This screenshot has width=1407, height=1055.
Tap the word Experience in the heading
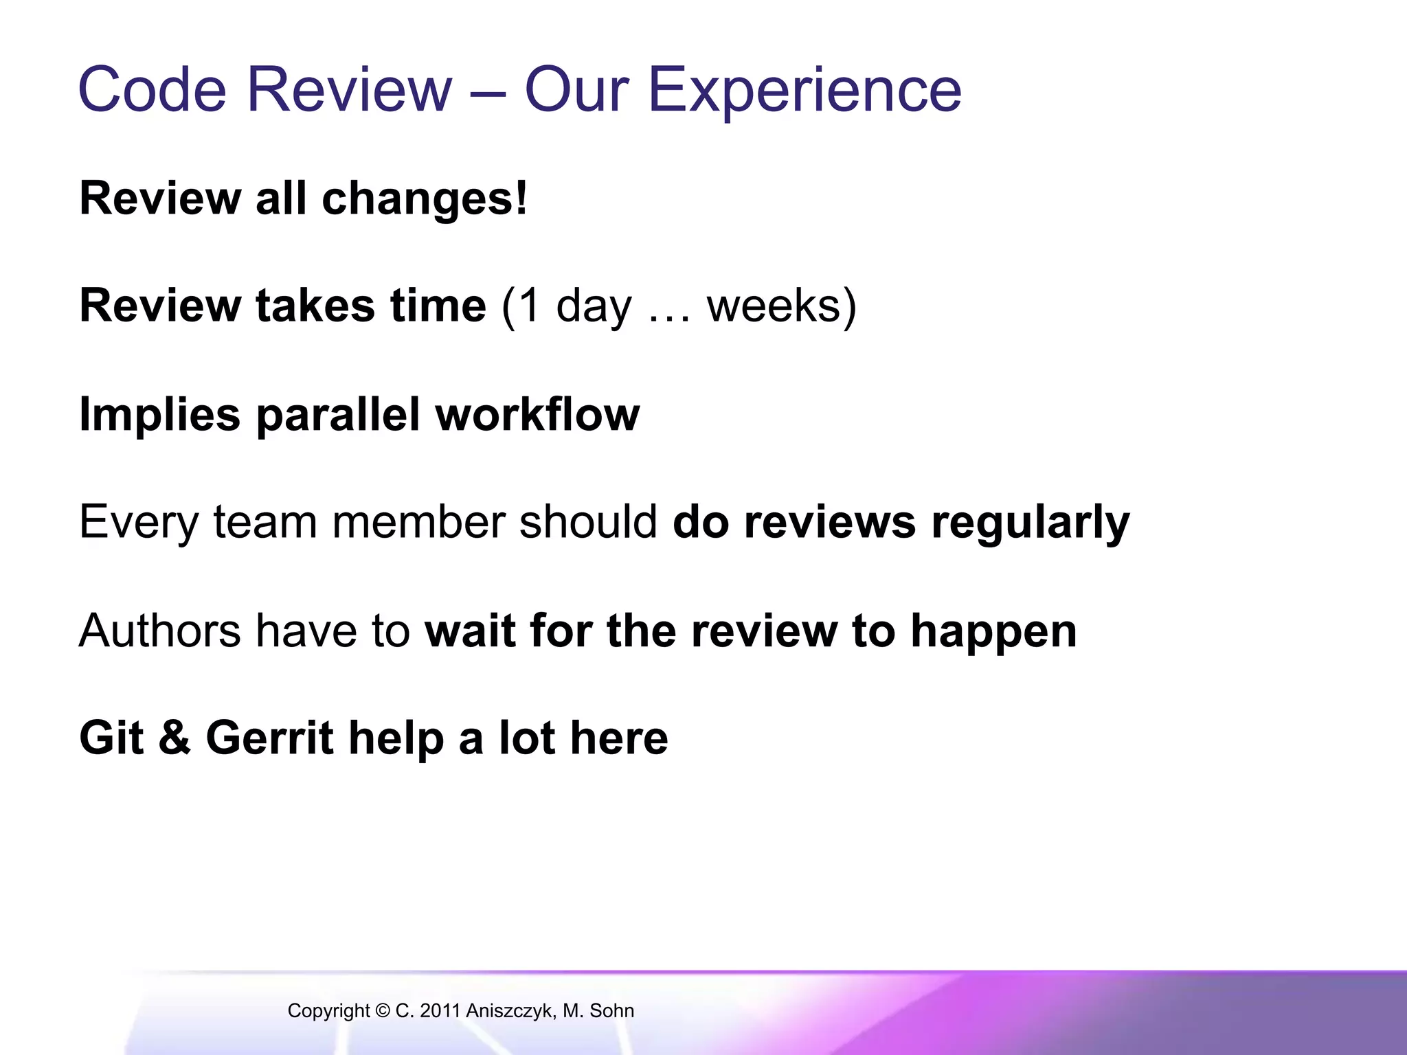pos(804,91)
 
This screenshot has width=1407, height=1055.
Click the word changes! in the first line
pos(425,198)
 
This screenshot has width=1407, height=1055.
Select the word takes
pos(315,306)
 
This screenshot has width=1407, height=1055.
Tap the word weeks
pos(774,306)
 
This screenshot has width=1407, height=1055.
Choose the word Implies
pos(160,415)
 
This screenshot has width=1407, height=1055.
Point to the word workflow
pos(537,414)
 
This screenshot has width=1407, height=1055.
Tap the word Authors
pos(160,631)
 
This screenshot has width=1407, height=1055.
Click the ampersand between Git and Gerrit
pos(175,738)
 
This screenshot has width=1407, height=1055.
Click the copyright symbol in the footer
pos(383,1010)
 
